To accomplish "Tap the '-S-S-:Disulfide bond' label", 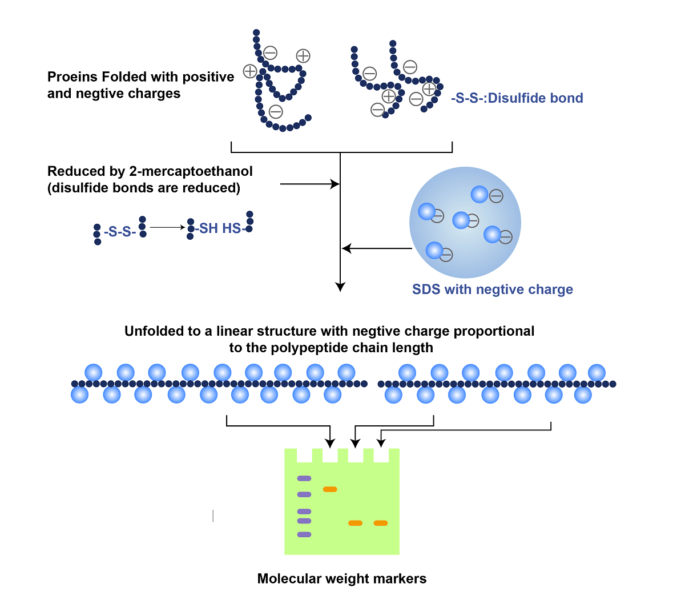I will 517,98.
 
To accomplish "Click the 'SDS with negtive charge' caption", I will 493,289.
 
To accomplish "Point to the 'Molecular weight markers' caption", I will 342,579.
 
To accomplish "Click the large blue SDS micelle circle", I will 465,222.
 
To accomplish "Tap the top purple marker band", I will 304,478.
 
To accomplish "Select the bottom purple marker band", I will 304,535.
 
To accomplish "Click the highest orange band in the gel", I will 330,489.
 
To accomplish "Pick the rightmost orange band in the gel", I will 381,523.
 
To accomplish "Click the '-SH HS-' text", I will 220,228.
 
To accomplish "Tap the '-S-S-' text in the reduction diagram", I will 120,232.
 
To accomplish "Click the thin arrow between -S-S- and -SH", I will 168,228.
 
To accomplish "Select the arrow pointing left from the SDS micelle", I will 377,248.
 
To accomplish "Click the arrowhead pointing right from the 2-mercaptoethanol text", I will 336,184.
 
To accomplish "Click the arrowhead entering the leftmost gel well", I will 330,443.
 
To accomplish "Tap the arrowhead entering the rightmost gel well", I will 381,442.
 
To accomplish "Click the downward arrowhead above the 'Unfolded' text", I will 340,287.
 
